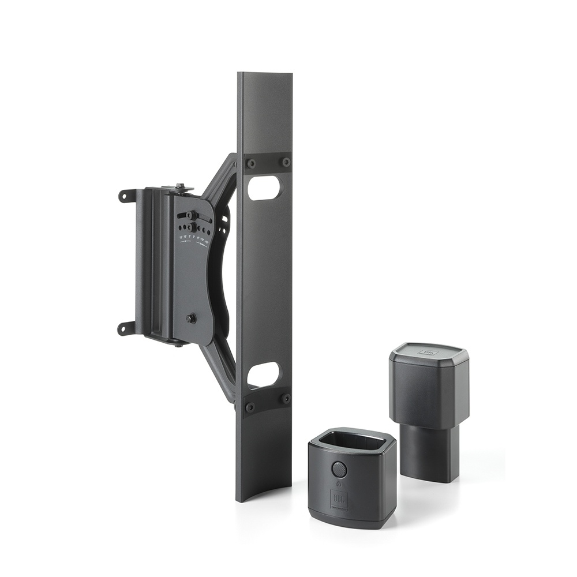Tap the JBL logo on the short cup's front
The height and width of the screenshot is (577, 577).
pos(339,498)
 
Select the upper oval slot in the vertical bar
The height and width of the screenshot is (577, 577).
pos(264,188)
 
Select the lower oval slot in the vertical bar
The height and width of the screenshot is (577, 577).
pos(263,374)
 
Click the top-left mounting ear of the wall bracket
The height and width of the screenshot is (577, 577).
pos(126,196)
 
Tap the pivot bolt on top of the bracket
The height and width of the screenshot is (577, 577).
pos(182,186)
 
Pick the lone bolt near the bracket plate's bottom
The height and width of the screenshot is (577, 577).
pos(191,318)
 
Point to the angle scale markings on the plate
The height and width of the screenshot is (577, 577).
pos(194,238)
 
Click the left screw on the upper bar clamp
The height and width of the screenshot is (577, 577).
pos(251,164)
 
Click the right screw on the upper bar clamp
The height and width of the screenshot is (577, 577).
pos(285,162)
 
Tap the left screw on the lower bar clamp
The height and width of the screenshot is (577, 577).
pos(250,407)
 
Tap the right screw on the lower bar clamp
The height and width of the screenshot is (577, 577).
pos(284,398)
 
